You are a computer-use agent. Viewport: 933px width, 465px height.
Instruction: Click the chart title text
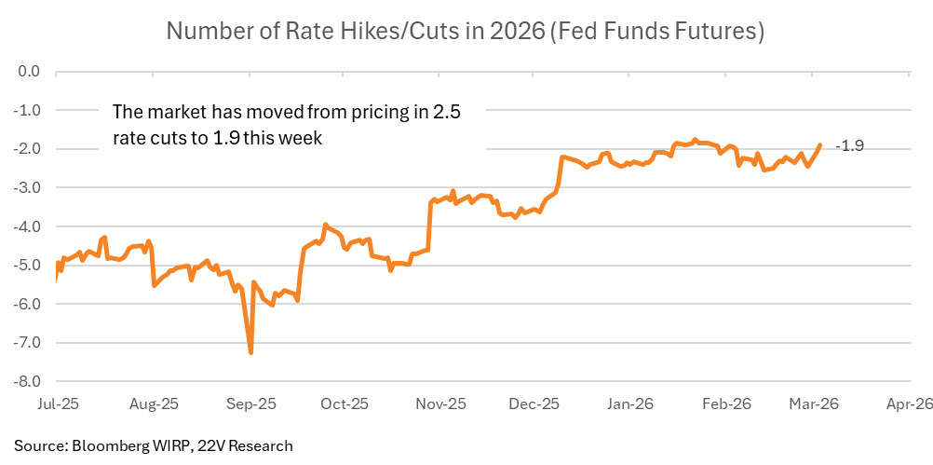(466, 31)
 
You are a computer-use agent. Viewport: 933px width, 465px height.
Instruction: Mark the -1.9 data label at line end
(850, 145)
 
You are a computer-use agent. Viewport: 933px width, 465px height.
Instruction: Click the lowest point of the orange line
(251, 352)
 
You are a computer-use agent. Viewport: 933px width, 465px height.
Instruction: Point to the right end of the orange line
(819, 145)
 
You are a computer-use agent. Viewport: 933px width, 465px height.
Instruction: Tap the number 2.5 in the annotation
(447, 112)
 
